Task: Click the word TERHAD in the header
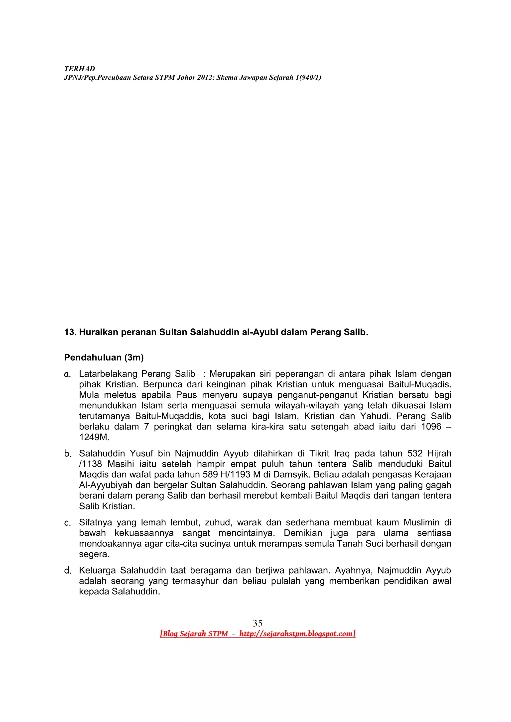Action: (79, 69)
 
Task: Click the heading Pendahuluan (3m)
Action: (104, 357)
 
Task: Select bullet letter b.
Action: (67, 453)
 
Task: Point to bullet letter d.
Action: (67, 571)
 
